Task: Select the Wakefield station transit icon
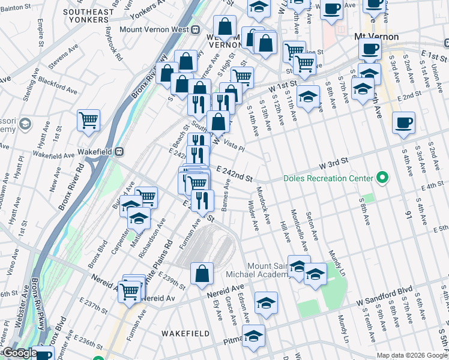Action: pyautogui.click(x=119, y=152)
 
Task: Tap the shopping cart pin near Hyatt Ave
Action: pyautogui.click(x=88, y=121)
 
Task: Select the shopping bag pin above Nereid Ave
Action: pyautogui.click(x=202, y=274)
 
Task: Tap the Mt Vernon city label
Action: pyautogui.click(x=377, y=37)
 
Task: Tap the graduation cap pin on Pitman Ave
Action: pyautogui.click(x=253, y=337)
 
